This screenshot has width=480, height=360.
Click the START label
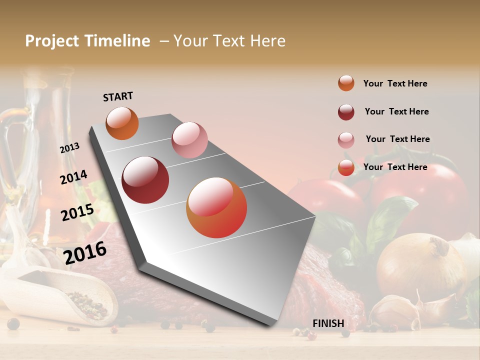[118, 96]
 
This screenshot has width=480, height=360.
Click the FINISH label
[328, 323]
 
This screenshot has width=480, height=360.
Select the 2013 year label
[69, 148]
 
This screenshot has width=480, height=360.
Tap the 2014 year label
[73, 177]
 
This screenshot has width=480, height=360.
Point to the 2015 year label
[77, 212]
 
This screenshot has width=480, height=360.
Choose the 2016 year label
[85, 252]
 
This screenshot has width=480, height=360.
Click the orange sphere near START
[122, 123]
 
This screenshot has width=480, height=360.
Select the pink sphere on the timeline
[189, 140]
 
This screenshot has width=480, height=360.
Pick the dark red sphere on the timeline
[145, 180]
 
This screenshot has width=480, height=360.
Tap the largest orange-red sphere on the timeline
[216, 207]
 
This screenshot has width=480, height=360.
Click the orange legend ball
[346, 83]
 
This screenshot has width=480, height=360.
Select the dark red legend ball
[346, 112]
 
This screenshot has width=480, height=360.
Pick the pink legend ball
[346, 140]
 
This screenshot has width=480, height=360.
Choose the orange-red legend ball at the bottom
[346, 167]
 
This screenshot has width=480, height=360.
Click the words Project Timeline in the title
[87, 41]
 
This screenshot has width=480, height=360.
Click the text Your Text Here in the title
[229, 41]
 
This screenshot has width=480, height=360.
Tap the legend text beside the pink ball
[397, 139]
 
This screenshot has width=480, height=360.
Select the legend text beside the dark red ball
[396, 111]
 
